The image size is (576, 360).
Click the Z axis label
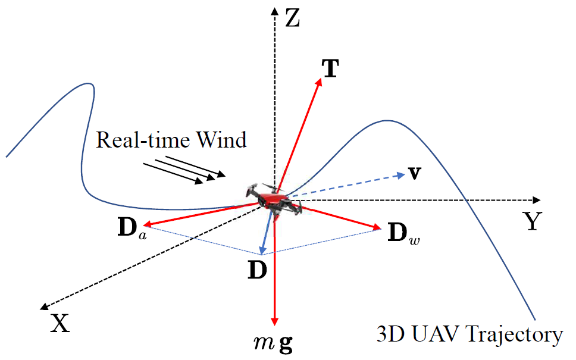coord(293,18)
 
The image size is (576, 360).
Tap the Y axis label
coord(533,221)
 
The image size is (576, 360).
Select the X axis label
coord(60,323)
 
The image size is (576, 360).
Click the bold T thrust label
coord(330,68)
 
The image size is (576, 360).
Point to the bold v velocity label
coord(415,173)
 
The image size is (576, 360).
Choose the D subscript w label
coord(403,233)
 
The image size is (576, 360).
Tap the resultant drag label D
coord(257,270)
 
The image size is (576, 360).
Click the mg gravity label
coord(274,343)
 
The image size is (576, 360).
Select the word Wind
coord(221,140)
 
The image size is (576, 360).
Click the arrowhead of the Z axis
coord(274,11)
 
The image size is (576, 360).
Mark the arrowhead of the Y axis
coord(537,200)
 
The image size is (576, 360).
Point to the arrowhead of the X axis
coord(44,306)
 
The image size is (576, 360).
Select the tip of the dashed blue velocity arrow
coord(404,174)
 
